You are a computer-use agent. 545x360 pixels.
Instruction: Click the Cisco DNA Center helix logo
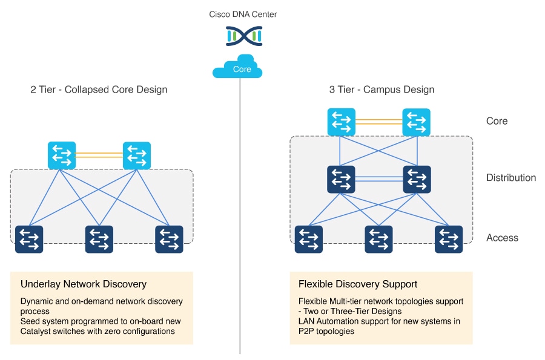[242, 36]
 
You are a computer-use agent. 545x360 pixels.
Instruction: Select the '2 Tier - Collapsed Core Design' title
[99, 90]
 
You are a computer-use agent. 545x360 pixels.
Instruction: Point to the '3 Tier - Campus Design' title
[381, 90]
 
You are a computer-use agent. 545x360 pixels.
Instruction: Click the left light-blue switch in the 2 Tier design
[62, 155]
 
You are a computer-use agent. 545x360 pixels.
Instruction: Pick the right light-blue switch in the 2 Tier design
[137, 155]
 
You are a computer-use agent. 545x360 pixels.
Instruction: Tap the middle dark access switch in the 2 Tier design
[99, 239]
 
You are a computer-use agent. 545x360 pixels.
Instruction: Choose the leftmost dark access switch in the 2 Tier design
[29, 239]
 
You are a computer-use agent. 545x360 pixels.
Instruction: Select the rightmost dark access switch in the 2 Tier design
[170, 239]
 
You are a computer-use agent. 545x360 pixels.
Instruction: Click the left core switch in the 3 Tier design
[342, 122]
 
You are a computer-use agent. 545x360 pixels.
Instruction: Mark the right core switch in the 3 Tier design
[417, 122]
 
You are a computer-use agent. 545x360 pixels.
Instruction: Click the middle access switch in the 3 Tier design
[378, 239]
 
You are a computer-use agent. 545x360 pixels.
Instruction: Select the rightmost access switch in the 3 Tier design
[449, 239]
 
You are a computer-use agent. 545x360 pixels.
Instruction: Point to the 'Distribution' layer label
[510, 178]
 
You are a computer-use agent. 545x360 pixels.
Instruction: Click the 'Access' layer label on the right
[502, 238]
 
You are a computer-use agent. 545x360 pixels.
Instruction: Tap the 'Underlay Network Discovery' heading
[84, 284]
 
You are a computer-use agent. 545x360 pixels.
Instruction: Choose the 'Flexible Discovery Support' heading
[358, 284]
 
